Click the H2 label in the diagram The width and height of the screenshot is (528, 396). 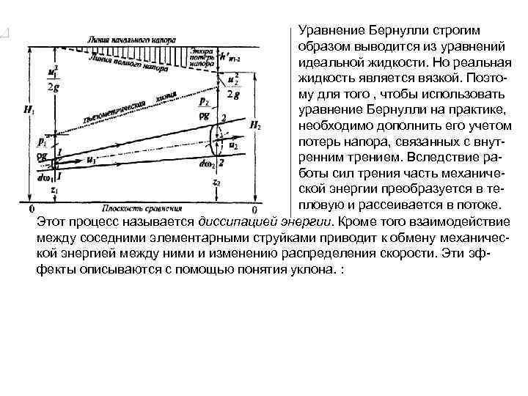(254, 125)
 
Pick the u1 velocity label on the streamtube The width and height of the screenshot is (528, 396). (91, 159)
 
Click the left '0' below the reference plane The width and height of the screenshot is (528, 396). (31, 208)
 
